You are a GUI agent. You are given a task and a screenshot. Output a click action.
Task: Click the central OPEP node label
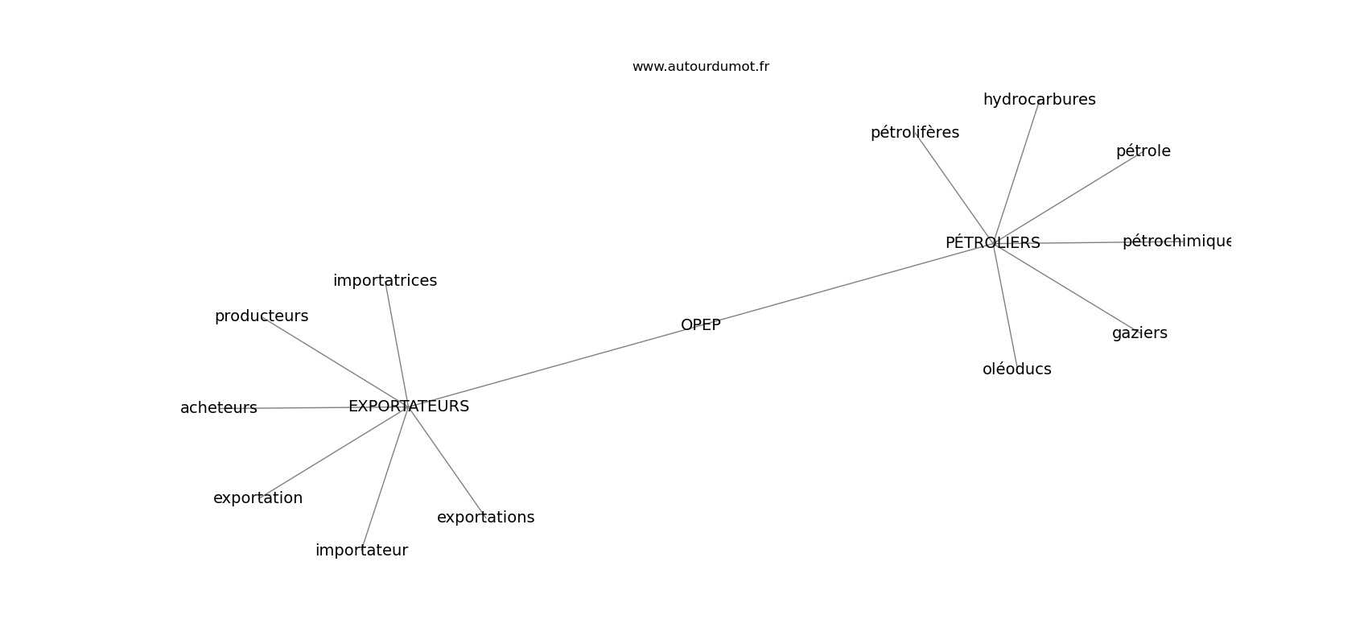[x=700, y=325]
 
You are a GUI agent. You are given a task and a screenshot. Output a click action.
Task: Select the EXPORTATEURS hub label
[x=409, y=407]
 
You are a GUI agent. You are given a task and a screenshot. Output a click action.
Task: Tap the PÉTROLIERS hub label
[x=992, y=242]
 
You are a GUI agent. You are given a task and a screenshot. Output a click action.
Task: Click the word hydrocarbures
[x=1039, y=100]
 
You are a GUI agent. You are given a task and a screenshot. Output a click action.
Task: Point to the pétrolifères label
[x=914, y=133]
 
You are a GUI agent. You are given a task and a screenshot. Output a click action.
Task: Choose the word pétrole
[x=1143, y=151]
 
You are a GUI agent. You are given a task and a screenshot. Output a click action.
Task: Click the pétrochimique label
[x=1176, y=242]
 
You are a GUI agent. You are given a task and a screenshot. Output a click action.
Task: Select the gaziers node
[x=1139, y=333]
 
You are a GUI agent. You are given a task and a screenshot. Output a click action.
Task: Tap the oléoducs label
[x=1016, y=369]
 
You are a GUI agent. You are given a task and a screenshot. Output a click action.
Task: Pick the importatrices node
[x=385, y=281]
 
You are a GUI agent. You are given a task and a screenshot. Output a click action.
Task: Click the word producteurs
[x=262, y=316]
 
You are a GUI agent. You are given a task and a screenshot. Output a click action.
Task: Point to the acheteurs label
[x=219, y=408]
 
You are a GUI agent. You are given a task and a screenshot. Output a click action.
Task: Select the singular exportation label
[x=258, y=498]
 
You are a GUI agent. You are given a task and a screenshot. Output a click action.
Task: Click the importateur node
[x=361, y=551]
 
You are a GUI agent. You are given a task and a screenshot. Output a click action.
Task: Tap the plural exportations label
[x=485, y=518]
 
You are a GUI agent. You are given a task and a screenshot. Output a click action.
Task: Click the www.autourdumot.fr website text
[x=700, y=67]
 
